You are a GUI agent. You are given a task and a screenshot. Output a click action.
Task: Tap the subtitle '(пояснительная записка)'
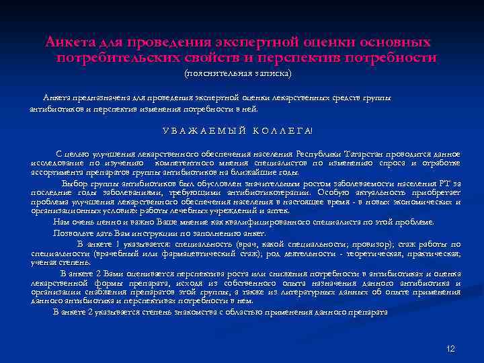[x=238, y=72]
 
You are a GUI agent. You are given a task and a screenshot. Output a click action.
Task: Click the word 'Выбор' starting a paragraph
[x=74, y=182]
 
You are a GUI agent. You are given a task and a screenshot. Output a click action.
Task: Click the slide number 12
[x=450, y=348]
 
